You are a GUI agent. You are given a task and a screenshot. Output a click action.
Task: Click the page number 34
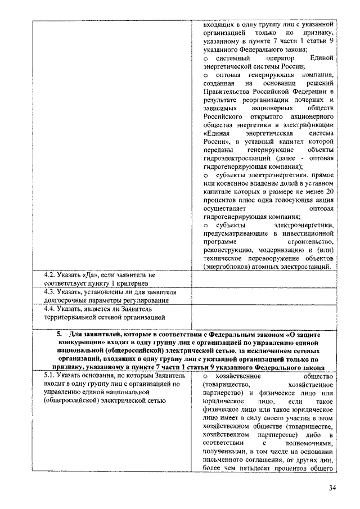click(x=332, y=487)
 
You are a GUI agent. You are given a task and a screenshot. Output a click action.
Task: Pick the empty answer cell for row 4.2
click(x=264, y=279)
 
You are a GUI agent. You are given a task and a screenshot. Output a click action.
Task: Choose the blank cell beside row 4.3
click(x=264, y=296)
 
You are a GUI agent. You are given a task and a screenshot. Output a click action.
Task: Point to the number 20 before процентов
click(x=330, y=191)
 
